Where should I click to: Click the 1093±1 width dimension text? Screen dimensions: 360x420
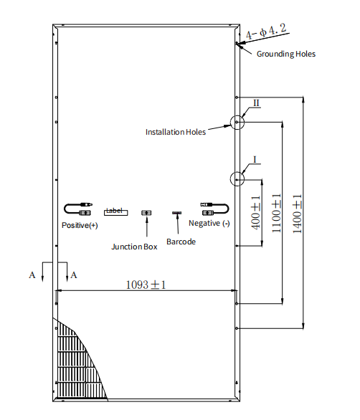pyautogui.click(x=146, y=285)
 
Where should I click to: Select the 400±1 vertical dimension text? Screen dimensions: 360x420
pyautogui.click(x=256, y=212)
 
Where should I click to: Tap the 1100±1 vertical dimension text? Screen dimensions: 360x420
pyautogui.click(x=276, y=213)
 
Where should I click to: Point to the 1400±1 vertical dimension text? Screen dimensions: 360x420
pyautogui.click(x=297, y=214)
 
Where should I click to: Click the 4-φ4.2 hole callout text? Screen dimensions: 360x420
pyautogui.click(x=266, y=32)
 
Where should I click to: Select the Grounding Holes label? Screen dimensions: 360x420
pyautogui.click(x=286, y=54)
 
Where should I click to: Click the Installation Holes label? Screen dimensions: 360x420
pyautogui.click(x=176, y=132)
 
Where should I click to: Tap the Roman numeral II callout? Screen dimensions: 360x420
pyautogui.click(x=256, y=103)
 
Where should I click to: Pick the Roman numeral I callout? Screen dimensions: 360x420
pyautogui.click(x=255, y=160)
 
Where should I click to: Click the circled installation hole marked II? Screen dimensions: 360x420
pyautogui.click(x=237, y=115)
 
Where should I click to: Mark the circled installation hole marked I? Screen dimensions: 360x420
pyautogui.click(x=237, y=172)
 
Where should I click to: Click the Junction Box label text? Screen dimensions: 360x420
pyautogui.click(x=134, y=247)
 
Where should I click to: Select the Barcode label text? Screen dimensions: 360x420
pyautogui.click(x=181, y=242)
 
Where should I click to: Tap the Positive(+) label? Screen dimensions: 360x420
pyautogui.click(x=80, y=225)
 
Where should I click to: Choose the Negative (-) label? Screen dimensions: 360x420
pyautogui.click(x=209, y=223)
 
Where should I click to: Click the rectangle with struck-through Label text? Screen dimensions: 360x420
pyautogui.click(x=115, y=212)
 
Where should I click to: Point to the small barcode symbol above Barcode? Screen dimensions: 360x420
pyautogui.click(x=176, y=213)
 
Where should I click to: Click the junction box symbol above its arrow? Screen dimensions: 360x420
pyautogui.click(x=146, y=213)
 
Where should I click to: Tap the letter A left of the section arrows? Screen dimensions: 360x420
pyautogui.click(x=32, y=275)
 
